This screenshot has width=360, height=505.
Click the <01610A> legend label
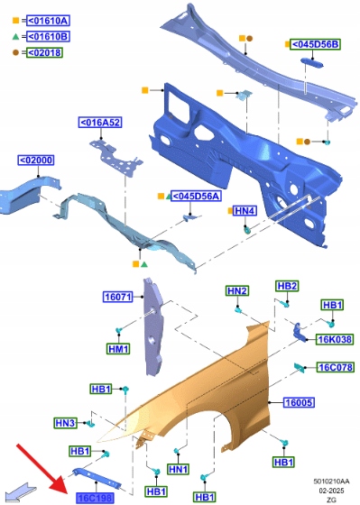click(x=48, y=21)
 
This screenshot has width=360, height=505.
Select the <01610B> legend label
click(x=48, y=36)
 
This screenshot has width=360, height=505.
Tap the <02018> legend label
click(x=44, y=52)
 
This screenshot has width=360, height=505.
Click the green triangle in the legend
click(x=15, y=36)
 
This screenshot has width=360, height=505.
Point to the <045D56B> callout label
click(x=315, y=44)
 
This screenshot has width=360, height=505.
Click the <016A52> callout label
click(x=100, y=123)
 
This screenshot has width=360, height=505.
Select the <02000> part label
click(x=36, y=161)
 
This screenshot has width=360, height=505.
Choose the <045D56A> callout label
click(x=196, y=196)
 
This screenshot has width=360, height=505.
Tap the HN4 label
click(x=245, y=211)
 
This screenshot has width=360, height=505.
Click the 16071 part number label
click(x=118, y=297)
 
